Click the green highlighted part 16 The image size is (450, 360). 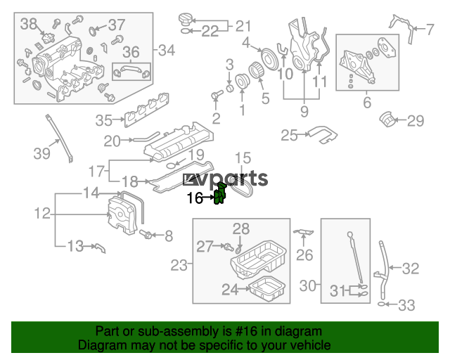click(220, 194)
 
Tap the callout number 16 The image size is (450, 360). click(195, 198)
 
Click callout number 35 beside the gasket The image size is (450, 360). click(103, 120)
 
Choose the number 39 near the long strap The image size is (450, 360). click(42, 153)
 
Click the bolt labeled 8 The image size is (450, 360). click(146, 234)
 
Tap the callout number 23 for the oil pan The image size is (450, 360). click(179, 265)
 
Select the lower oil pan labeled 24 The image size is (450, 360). click(267, 289)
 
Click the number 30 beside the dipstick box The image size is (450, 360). click(308, 285)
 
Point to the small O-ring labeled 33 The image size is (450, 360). click(381, 304)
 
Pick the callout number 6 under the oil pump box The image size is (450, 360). click(367, 103)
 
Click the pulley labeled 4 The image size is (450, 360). click(269, 59)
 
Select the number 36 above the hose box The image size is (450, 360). click(131, 52)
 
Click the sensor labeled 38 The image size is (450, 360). click(47, 38)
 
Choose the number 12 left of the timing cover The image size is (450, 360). click(42, 213)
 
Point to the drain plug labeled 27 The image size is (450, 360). click(228, 247)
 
